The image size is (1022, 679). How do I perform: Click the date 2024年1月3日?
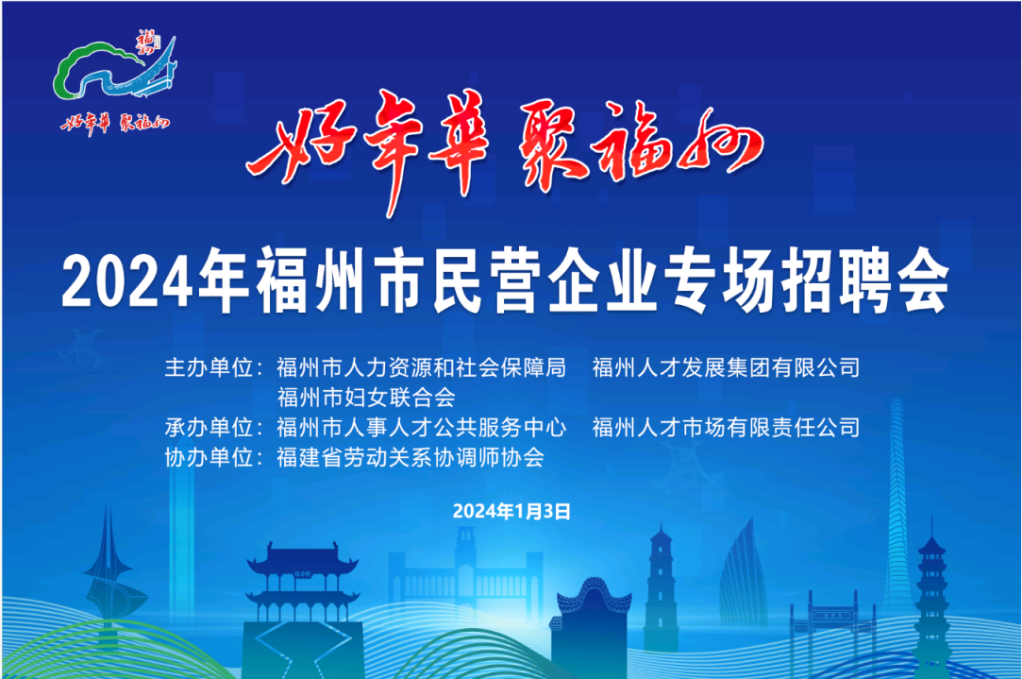click(511, 511)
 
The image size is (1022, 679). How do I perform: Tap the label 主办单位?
click(209, 368)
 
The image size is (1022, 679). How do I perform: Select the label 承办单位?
click(209, 428)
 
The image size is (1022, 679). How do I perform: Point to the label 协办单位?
click(209, 458)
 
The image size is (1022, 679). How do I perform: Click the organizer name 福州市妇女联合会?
click(366, 398)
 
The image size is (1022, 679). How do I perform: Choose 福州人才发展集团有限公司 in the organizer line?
click(726, 368)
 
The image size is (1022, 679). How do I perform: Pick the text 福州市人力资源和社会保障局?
click(421, 368)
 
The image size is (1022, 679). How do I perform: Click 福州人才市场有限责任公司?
click(726, 428)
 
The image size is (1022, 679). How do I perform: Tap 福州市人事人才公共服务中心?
click(421, 428)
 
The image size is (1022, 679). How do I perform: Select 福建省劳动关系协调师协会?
click(410, 458)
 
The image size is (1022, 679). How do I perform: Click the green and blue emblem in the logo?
click(115, 69)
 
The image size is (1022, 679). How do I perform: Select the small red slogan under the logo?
click(115, 123)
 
